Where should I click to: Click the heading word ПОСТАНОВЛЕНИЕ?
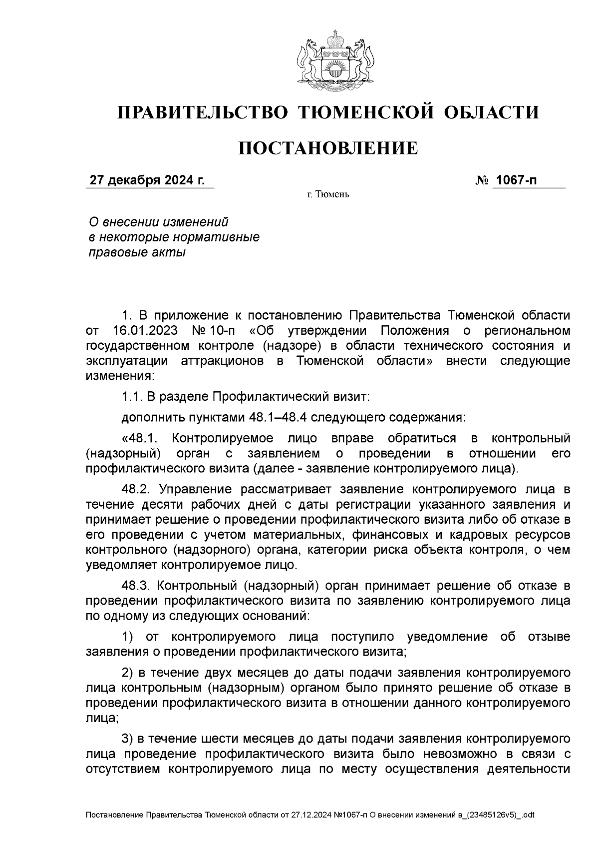tap(328, 148)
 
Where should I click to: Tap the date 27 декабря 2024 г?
tap(147, 180)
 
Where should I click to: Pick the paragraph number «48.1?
tap(140, 439)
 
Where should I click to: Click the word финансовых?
tap(390, 534)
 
